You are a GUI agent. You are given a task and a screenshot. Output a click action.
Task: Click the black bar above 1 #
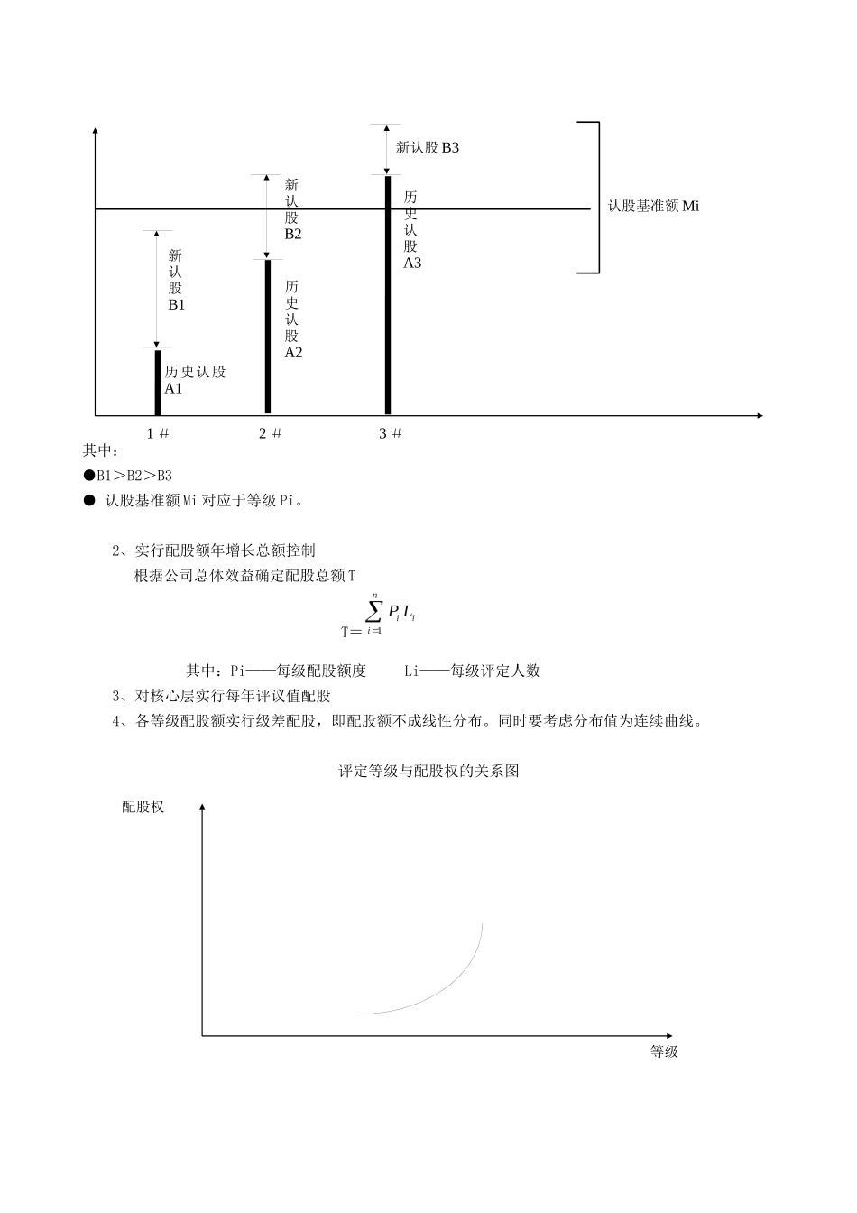(x=157, y=382)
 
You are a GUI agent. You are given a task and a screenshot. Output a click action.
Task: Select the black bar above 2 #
(x=268, y=336)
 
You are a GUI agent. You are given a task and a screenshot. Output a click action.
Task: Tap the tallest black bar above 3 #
(x=388, y=294)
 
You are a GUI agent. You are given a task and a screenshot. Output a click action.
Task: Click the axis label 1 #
(x=158, y=433)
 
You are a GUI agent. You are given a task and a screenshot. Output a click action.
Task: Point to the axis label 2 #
(x=270, y=433)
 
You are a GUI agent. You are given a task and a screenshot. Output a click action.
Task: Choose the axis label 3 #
(x=390, y=433)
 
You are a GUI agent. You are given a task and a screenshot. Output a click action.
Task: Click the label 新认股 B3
(x=428, y=147)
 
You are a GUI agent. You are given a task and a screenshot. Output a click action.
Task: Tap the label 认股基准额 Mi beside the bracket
(x=653, y=206)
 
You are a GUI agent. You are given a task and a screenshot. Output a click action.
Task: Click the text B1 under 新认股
(x=176, y=305)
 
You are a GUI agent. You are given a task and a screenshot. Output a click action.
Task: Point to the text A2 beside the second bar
(x=293, y=353)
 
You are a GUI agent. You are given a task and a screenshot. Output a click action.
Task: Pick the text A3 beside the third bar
(x=412, y=264)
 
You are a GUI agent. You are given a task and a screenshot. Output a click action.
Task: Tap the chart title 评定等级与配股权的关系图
(x=428, y=772)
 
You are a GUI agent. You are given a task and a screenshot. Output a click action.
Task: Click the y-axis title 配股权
(x=143, y=807)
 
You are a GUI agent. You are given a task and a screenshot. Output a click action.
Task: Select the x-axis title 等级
(x=664, y=1051)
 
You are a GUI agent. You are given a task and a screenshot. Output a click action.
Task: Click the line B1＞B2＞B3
(x=128, y=476)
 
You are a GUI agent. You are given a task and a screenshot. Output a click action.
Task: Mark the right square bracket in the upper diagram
(x=596, y=197)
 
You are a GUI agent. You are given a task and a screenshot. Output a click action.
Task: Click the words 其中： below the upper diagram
(x=101, y=450)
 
